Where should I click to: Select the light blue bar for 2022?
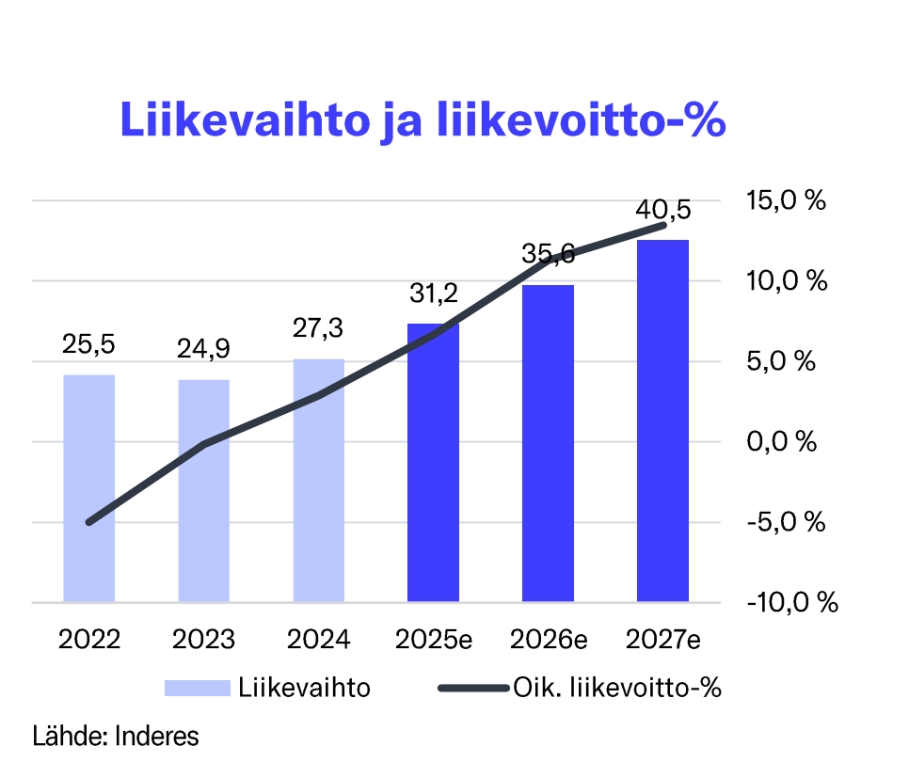[88, 488]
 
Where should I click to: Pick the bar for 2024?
[318, 480]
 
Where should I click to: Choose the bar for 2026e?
[548, 443]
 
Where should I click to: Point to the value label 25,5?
[88, 345]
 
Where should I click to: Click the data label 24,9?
[203, 350]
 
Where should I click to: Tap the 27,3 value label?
[318, 328]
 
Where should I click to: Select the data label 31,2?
[433, 293]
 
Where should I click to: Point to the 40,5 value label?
[662, 209]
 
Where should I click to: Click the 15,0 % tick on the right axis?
[785, 200]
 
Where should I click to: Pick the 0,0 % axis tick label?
[780, 441]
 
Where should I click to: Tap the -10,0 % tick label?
[790, 602]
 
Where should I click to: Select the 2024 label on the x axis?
[318, 640]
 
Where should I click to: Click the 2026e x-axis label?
[548, 640]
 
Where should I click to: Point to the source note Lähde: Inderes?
[116, 735]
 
